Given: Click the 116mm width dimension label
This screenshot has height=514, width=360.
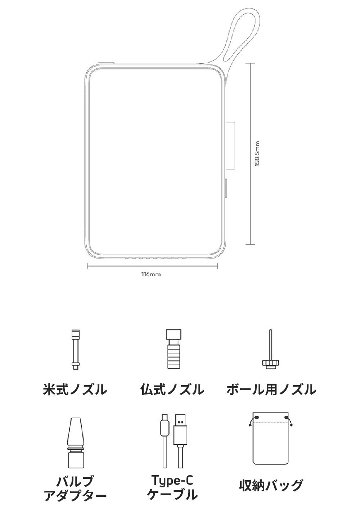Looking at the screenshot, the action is coord(151,274).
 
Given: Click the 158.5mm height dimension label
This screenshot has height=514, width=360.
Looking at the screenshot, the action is coord(256,154).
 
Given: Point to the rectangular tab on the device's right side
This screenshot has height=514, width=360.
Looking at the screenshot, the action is coord(231,145).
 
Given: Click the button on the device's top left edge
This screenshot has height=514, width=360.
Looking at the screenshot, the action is coord(106,64).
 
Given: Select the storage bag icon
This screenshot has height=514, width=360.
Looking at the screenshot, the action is coord(271,443).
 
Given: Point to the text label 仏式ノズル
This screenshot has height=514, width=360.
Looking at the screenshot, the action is coord(172,389).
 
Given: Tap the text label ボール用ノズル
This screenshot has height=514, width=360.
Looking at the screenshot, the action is coord(271,389).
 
